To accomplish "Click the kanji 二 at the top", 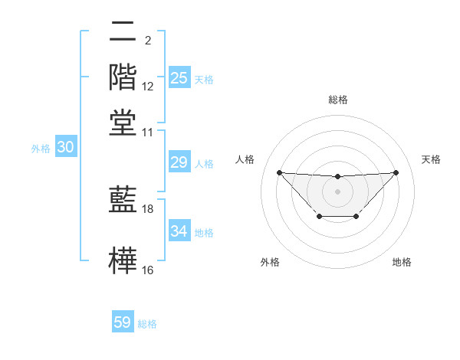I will (123, 33).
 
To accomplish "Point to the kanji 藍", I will (123, 198).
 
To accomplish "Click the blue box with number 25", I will (179, 78).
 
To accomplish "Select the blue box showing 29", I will (179, 162).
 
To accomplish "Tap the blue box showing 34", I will (179, 231).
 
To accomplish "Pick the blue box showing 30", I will (65, 148).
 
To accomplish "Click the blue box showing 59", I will (123, 322).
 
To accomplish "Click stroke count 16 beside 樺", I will (148, 270).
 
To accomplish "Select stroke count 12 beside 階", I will (148, 87).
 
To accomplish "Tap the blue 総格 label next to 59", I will (147, 324).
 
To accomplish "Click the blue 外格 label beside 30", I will (41, 149).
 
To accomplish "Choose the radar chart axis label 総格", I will (338, 100).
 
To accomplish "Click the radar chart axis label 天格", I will (432, 159).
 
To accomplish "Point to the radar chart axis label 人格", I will (245, 159).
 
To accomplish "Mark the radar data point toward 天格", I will (396, 172).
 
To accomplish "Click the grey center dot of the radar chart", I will (338, 191).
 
